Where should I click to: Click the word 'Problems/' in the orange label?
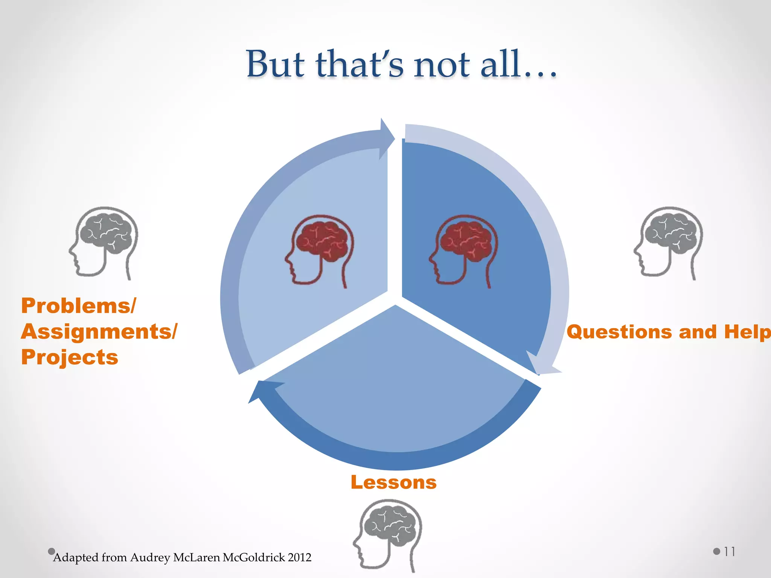pos(78,305)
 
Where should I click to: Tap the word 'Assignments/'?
pos(99,332)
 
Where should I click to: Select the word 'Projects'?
pos(70,357)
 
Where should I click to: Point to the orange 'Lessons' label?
pos(393,482)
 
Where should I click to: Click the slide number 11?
pos(729,552)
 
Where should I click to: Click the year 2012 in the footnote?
pos(300,557)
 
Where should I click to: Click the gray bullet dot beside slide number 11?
pos(716,552)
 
